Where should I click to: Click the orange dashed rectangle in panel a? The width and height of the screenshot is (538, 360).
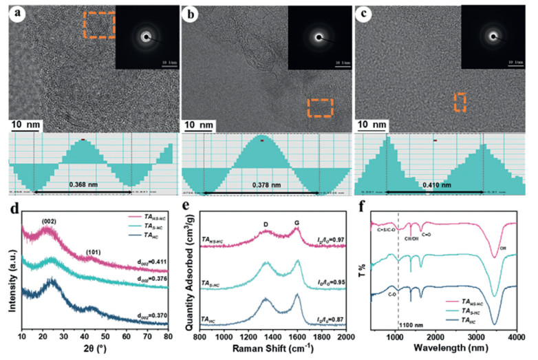(99, 25)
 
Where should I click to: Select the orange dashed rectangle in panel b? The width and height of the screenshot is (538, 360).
(319, 107)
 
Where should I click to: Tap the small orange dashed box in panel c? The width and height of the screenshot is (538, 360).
(460, 102)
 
